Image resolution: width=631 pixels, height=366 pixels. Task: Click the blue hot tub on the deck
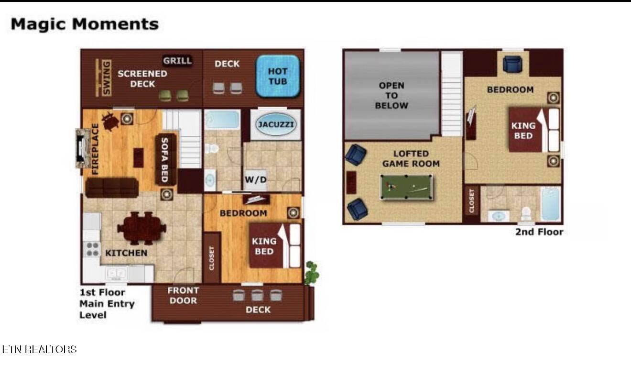pyautogui.click(x=278, y=76)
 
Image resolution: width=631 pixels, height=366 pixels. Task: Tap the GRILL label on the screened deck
pyautogui.click(x=177, y=61)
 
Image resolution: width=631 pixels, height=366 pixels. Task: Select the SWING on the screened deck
pyautogui.click(x=103, y=78)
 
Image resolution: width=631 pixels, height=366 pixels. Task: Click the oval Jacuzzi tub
pyautogui.click(x=276, y=124)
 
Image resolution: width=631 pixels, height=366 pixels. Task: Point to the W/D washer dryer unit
pyautogui.click(x=255, y=179)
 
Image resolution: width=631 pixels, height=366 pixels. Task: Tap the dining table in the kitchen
pyautogui.click(x=141, y=228)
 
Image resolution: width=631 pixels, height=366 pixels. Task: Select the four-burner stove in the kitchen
pyautogui.click(x=92, y=249)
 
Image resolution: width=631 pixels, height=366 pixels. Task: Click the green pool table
pyautogui.click(x=406, y=187)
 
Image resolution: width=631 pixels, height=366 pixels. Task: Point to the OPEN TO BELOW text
pyautogui.click(x=392, y=95)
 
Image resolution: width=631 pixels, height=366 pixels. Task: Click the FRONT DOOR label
pyautogui.click(x=183, y=295)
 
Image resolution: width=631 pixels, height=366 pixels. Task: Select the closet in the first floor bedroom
pyautogui.click(x=212, y=258)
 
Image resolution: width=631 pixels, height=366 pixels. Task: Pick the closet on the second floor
pyautogui.click(x=472, y=201)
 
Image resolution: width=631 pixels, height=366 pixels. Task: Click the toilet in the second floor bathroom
pyautogui.click(x=526, y=214)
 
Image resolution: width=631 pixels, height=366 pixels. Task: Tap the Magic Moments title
pyautogui.click(x=85, y=24)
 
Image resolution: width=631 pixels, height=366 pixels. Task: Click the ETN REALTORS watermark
pyautogui.click(x=39, y=349)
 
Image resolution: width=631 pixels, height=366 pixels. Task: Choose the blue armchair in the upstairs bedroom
pyautogui.click(x=512, y=64)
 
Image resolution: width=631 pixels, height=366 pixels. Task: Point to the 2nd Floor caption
pyautogui.click(x=539, y=232)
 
